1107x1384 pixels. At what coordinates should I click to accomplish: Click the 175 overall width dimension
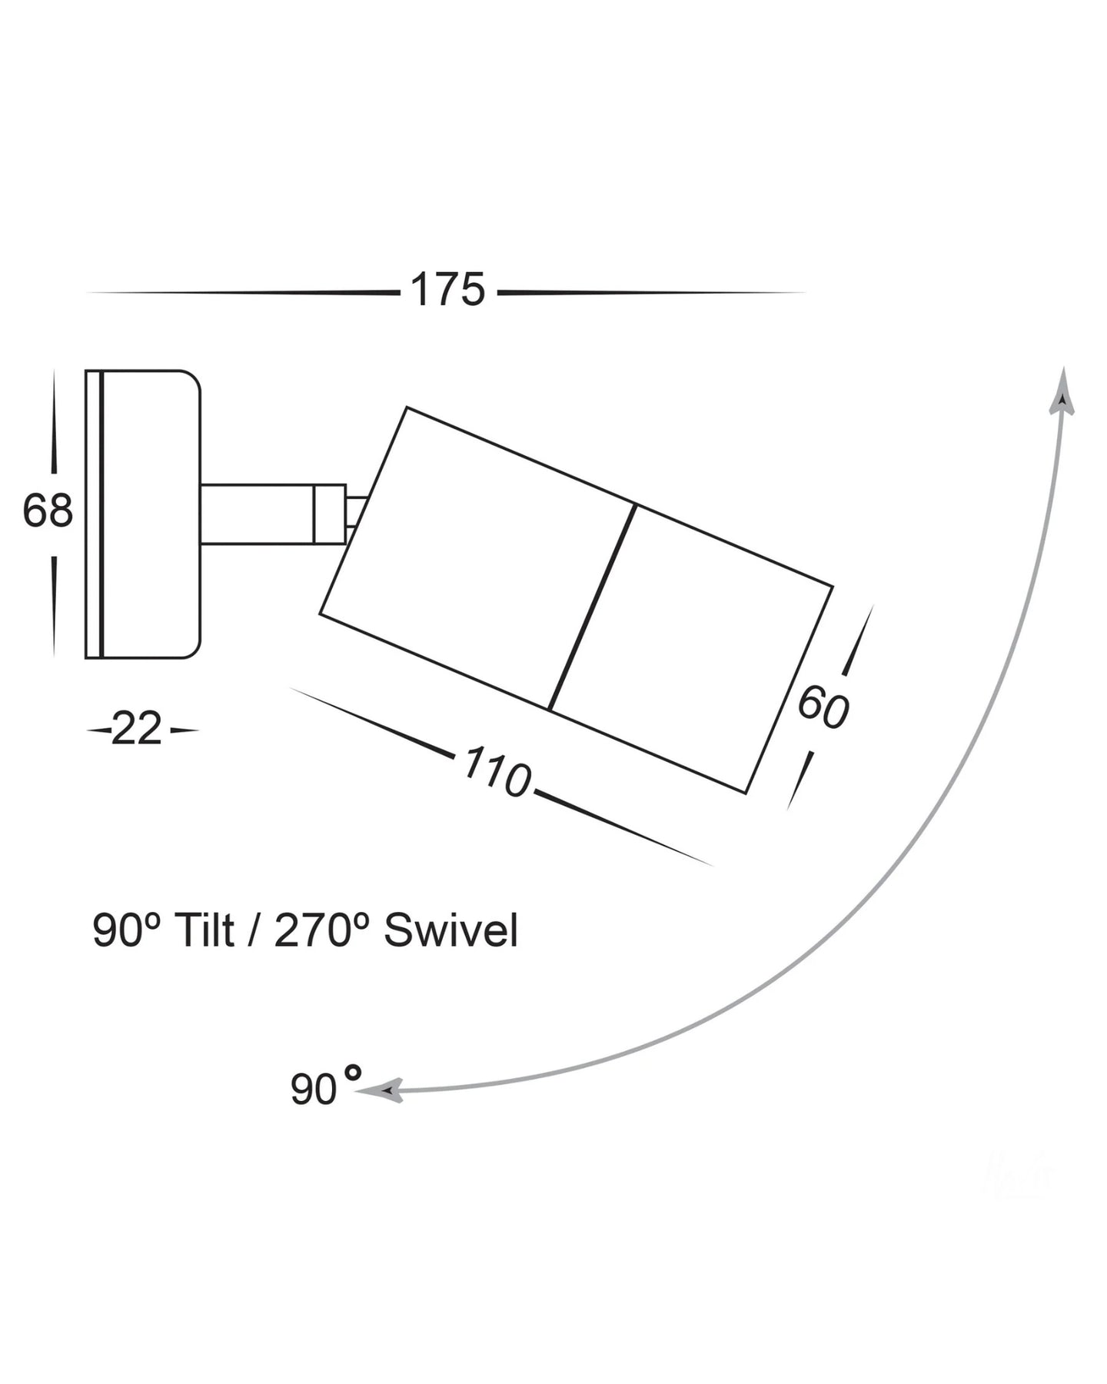pos(447,290)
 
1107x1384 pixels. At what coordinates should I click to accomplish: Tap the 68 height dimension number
pos(48,511)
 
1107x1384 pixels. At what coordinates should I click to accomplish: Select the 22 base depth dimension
pos(137,729)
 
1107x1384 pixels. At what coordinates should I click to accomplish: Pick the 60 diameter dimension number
pos(823,707)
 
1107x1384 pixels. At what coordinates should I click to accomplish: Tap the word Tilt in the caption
pos(204,930)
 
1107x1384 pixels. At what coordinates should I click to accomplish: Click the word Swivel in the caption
pos(451,930)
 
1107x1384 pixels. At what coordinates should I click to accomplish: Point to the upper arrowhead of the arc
pos(1062,392)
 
